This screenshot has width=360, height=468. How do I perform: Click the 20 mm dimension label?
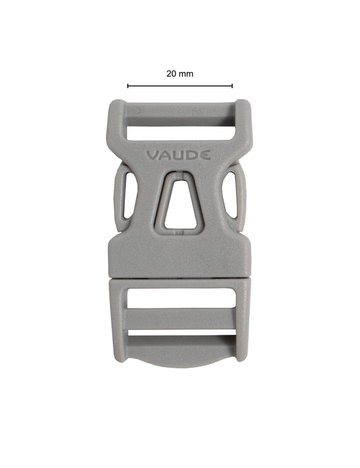180,74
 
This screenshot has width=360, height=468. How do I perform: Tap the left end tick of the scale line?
128,86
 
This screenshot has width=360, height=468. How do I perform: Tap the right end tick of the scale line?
232,86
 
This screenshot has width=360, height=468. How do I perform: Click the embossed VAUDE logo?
178,155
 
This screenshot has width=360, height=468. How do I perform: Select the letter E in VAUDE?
206,155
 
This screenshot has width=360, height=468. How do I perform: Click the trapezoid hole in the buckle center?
179,204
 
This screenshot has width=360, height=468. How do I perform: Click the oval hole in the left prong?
129,195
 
